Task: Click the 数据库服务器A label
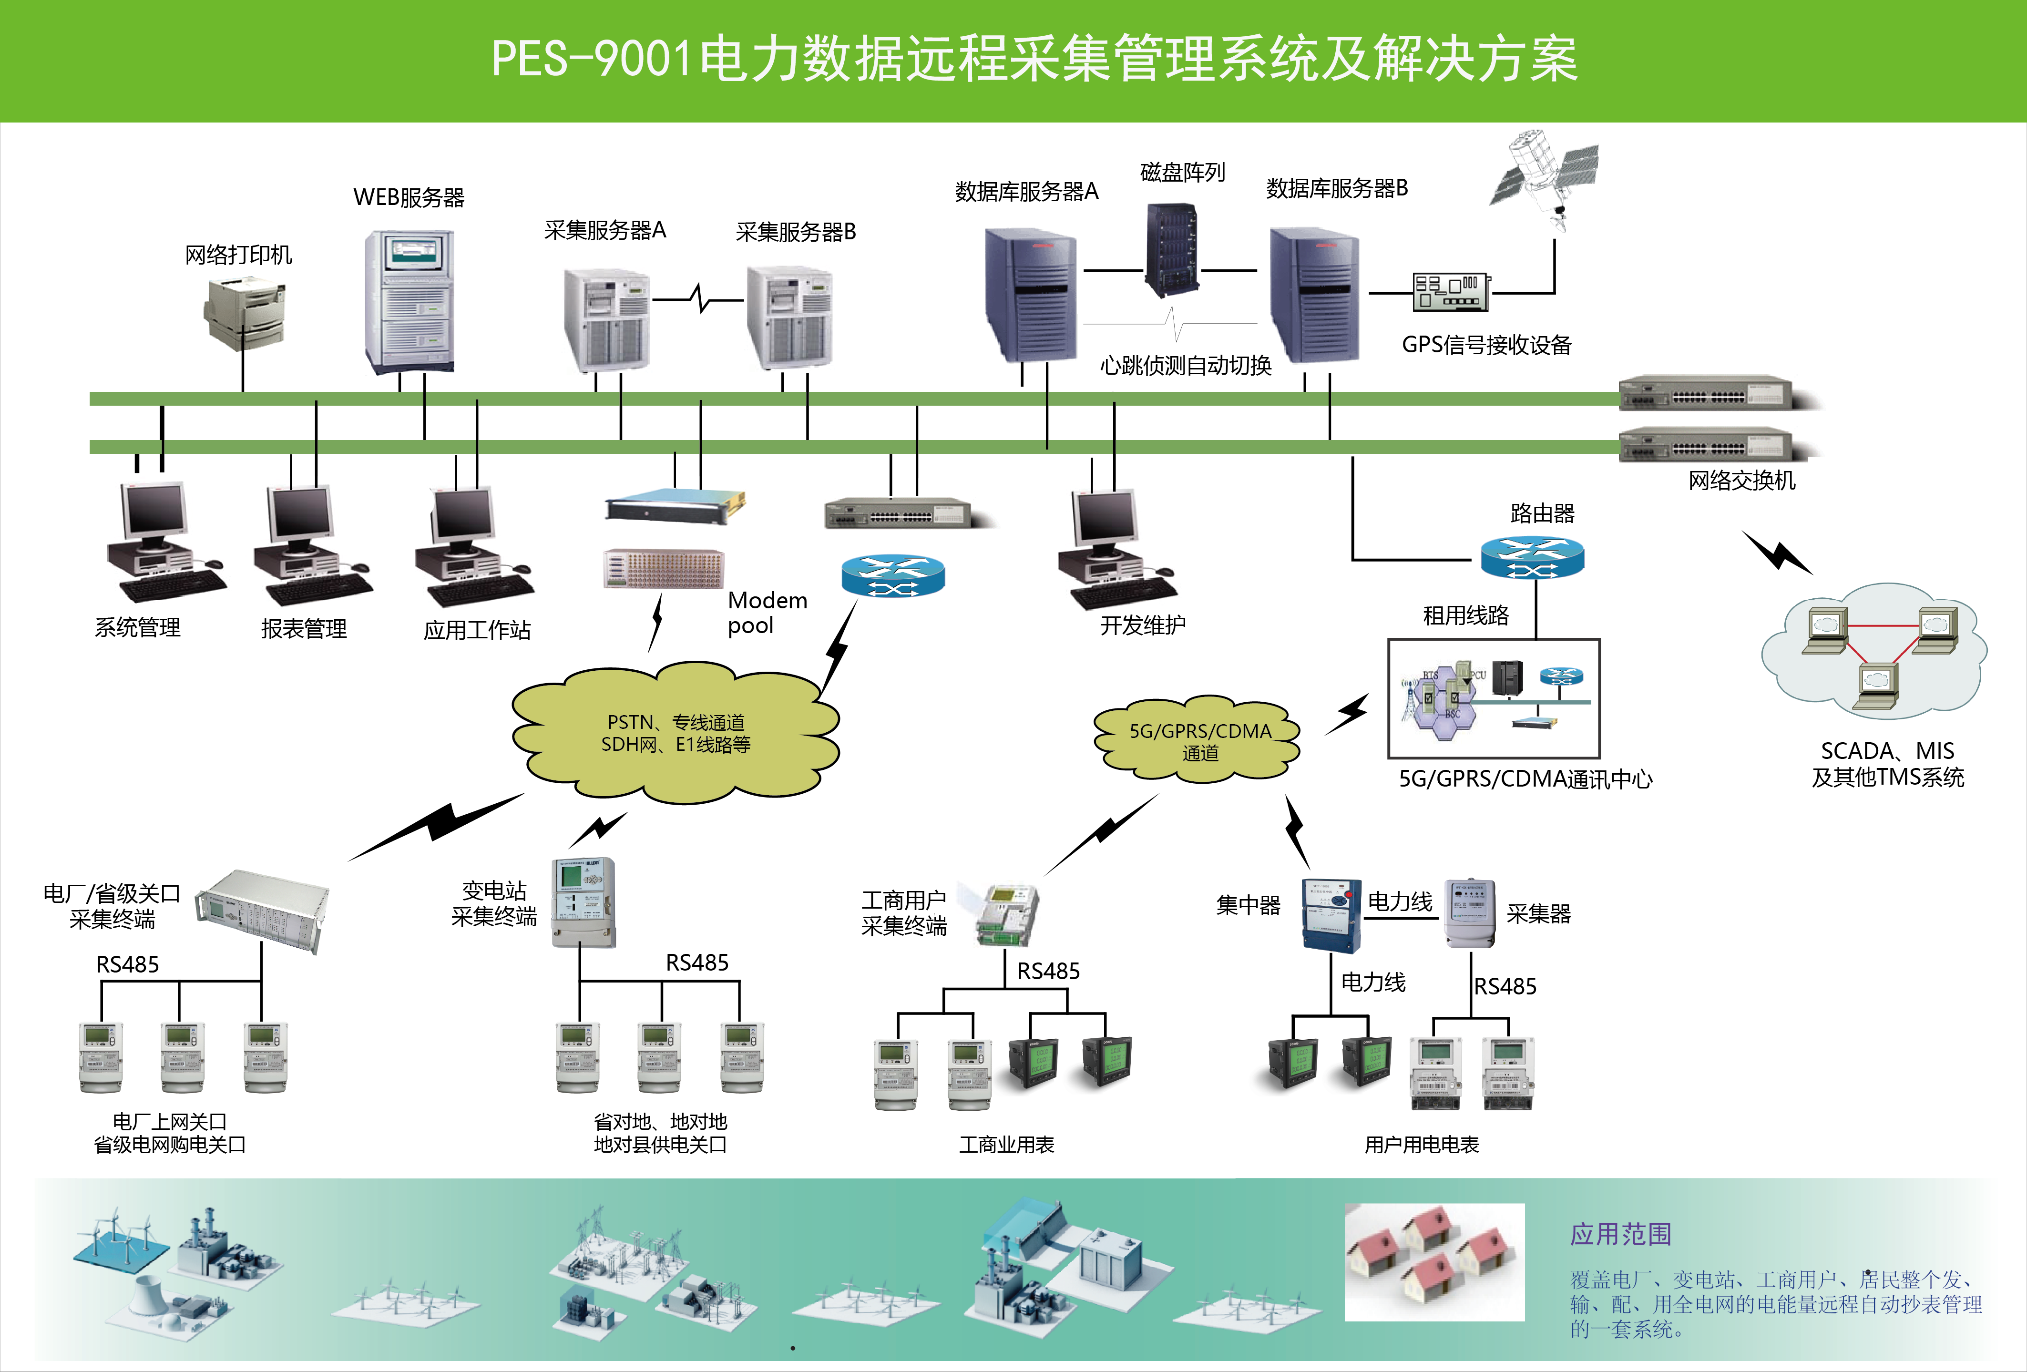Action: (x=1026, y=191)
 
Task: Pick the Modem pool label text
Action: (x=767, y=612)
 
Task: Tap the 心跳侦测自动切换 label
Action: (x=1185, y=366)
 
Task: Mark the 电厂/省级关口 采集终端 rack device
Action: (x=262, y=909)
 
